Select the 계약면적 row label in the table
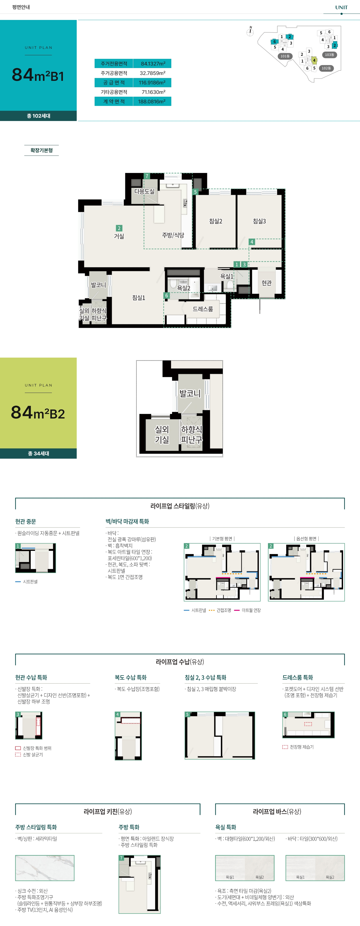tap(114, 101)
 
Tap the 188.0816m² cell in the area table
tap(152, 101)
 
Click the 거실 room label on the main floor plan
tap(119, 236)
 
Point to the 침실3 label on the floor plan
tap(259, 221)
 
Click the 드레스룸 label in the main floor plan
tap(203, 309)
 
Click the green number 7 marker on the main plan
tap(147, 176)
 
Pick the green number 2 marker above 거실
tap(119, 228)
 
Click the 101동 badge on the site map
tap(285, 56)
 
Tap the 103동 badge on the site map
tap(329, 55)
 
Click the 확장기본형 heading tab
tap(42, 150)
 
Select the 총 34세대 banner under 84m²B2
tap(38, 453)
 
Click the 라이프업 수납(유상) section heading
tap(180, 662)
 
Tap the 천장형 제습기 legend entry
tap(298, 747)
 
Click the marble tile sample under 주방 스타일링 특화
tap(44, 868)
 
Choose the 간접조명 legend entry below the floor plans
tap(220, 610)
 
